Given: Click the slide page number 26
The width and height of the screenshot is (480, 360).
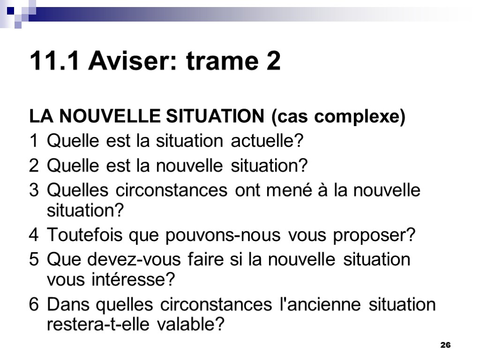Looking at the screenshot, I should tap(445, 345).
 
